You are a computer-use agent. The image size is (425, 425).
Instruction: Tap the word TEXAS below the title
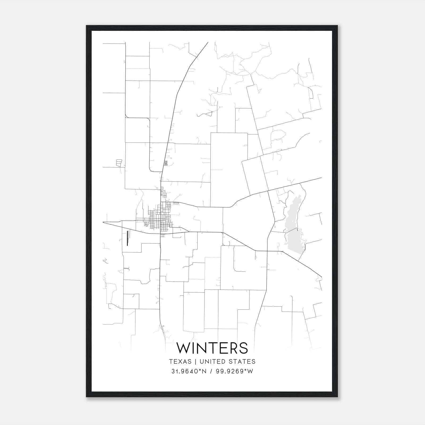click(180, 362)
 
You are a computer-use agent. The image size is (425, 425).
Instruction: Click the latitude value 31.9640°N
click(189, 371)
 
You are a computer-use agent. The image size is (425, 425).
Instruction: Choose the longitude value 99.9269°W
click(235, 371)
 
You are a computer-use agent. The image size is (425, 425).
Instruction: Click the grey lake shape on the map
click(292, 226)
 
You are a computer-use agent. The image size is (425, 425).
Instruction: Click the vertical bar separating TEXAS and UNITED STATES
click(195, 362)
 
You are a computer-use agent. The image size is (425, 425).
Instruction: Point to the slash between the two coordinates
click(211, 371)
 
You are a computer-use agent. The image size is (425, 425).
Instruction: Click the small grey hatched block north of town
click(166, 163)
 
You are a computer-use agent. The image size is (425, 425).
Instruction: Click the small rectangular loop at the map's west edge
click(119, 163)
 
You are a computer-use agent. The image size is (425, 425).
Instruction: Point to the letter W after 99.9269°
click(250, 371)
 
